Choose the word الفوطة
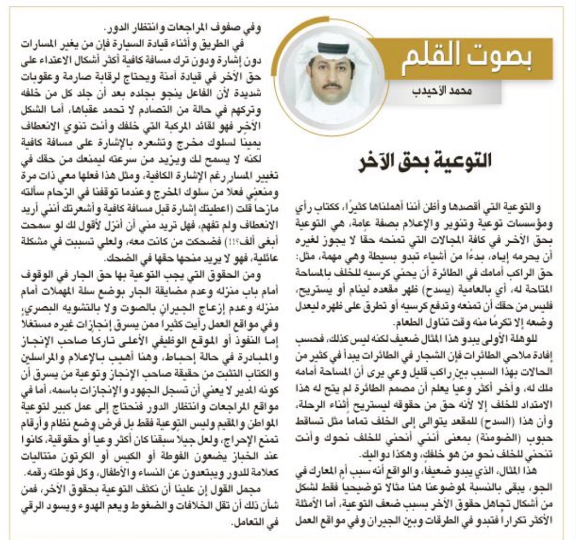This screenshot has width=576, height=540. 166,468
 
